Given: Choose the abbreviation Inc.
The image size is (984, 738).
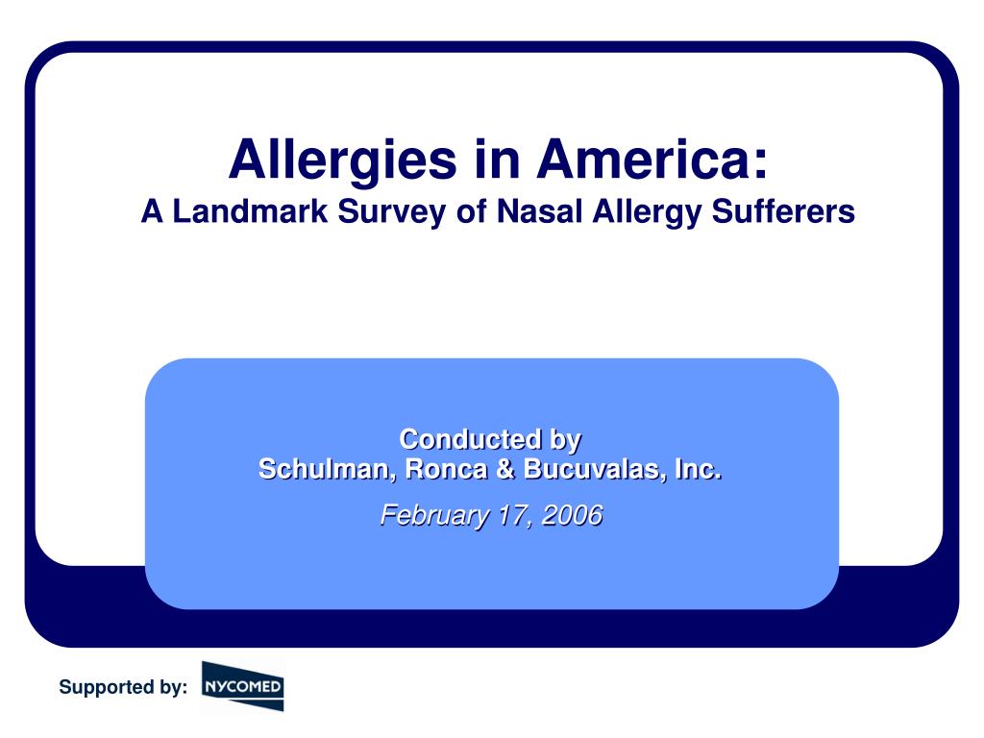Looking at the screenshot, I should [698, 470].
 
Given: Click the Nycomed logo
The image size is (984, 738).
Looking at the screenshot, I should [242, 686].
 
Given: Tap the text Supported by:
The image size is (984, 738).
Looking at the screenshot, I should [123, 687].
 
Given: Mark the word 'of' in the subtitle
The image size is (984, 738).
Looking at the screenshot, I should [472, 211].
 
